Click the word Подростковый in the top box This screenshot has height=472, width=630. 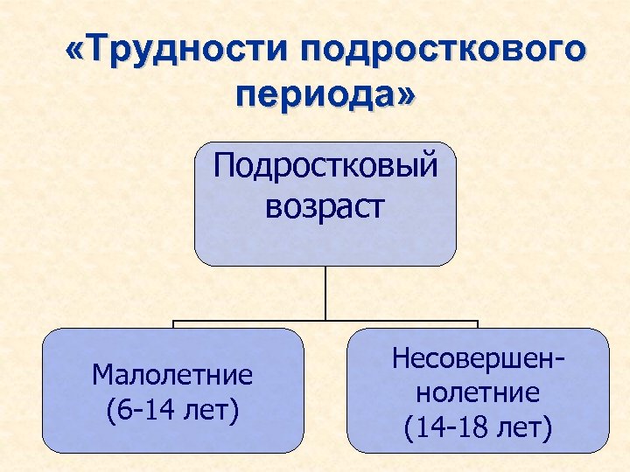pyautogui.click(x=325, y=165)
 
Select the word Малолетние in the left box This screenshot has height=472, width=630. pyautogui.click(x=172, y=375)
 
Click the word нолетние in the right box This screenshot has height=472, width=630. pyautogui.click(x=477, y=392)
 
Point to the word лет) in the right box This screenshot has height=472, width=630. pyautogui.click(x=521, y=427)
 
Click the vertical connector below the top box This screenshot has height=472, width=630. pyautogui.click(x=325, y=293)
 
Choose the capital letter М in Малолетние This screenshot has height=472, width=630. pyautogui.click(x=101, y=375)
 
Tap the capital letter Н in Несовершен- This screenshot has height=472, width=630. pyautogui.click(x=402, y=357)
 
